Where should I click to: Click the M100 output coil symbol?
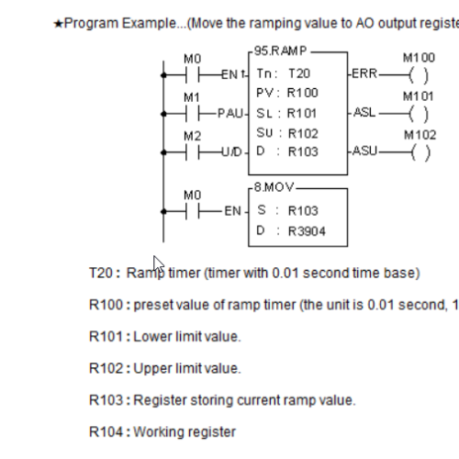[x=419, y=75]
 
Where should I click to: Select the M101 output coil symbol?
[x=419, y=114]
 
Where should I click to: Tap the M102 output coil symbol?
[x=420, y=152]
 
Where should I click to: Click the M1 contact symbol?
[x=193, y=114]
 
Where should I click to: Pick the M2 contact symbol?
[x=193, y=152]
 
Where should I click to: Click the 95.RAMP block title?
[x=280, y=50]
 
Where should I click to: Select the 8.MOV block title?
[x=274, y=187]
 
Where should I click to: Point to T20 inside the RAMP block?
[x=299, y=73]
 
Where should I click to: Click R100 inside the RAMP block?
[x=303, y=93]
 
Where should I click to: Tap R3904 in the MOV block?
[x=307, y=231]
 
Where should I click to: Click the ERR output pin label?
[x=364, y=73]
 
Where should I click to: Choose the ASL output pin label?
[x=364, y=113]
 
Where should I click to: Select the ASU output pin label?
[x=364, y=151]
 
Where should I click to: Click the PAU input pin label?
[x=230, y=114]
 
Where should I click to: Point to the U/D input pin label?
[x=232, y=152]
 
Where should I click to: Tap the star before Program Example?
[x=58, y=24]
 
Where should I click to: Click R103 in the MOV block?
[x=303, y=211]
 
